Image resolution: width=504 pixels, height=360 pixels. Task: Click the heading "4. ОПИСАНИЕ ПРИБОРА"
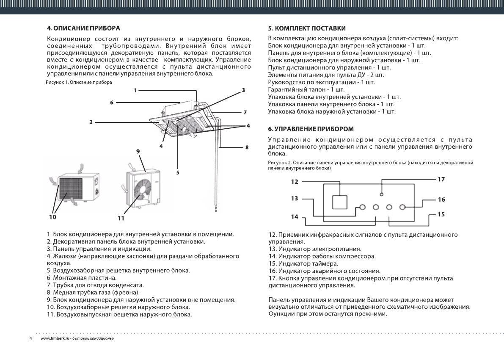83,28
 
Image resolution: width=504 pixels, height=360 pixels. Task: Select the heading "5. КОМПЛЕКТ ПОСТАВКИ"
307,28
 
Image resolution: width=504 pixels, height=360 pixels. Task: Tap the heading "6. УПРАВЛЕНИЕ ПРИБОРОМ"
311,128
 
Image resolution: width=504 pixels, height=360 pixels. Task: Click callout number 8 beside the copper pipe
247,148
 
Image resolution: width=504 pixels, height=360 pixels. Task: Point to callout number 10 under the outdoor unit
52,216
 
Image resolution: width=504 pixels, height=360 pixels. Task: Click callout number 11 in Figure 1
121,219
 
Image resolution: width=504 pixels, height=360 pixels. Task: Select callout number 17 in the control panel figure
441,180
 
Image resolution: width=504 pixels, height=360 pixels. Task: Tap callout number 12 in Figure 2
295,182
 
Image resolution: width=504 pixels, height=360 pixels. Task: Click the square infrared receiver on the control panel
340,202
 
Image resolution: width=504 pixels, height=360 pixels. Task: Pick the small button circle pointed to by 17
382,194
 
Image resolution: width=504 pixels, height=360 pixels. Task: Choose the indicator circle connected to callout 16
402,207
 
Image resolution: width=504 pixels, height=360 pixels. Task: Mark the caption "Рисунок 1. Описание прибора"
79,82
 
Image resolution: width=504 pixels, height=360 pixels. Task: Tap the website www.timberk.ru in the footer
52,339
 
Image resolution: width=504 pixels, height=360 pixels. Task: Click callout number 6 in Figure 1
111,102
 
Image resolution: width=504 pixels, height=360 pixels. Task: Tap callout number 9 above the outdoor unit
138,151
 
